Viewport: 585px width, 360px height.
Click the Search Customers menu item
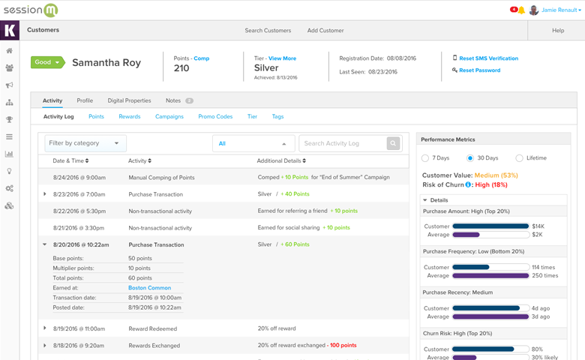click(x=268, y=31)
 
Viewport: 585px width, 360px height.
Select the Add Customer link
click(x=325, y=31)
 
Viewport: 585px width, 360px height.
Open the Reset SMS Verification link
click(x=488, y=58)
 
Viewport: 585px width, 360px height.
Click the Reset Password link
click(x=479, y=70)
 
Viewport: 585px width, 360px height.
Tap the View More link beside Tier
click(x=282, y=58)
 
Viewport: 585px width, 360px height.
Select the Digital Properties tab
click(x=129, y=100)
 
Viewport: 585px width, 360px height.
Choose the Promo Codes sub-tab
click(x=215, y=117)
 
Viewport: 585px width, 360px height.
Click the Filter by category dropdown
click(x=85, y=143)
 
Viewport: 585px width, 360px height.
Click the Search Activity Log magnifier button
click(x=393, y=143)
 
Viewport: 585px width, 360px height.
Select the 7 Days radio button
click(x=425, y=158)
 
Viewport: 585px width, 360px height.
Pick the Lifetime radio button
click(x=519, y=158)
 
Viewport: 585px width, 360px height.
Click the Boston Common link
click(x=149, y=288)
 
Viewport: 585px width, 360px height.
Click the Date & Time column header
click(x=70, y=161)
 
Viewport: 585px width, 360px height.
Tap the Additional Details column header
click(x=281, y=161)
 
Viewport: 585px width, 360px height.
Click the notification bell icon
click(x=521, y=10)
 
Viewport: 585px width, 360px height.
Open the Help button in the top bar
click(x=558, y=31)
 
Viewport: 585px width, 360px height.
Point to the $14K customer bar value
click(x=538, y=226)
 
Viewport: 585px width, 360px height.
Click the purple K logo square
click(x=10, y=31)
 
